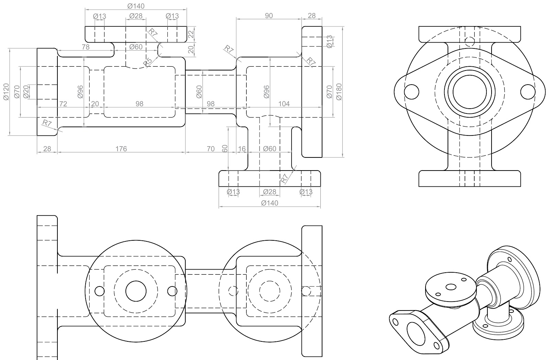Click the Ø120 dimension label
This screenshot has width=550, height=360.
[6, 92]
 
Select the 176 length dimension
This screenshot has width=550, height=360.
[121, 149]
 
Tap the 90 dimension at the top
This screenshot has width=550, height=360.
[269, 16]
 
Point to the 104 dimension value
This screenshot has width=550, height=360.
[284, 104]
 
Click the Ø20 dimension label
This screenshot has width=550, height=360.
[26, 92]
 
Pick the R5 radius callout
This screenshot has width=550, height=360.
[147, 62]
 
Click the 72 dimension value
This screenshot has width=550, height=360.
[63, 104]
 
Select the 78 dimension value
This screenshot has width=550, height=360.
[85, 47]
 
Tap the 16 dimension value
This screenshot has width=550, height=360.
[242, 149]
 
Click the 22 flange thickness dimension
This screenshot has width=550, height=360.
[191, 34]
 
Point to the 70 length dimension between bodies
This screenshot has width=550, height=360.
[211, 149]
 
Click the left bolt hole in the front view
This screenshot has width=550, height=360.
[411, 91]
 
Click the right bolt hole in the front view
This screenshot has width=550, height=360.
[528, 91]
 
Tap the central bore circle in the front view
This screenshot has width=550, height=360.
[470, 91]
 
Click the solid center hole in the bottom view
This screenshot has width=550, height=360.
[136, 291]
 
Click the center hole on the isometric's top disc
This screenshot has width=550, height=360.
[450, 287]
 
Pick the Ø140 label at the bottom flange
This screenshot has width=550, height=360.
[270, 203]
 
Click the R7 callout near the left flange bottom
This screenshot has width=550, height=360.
[47, 123]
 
